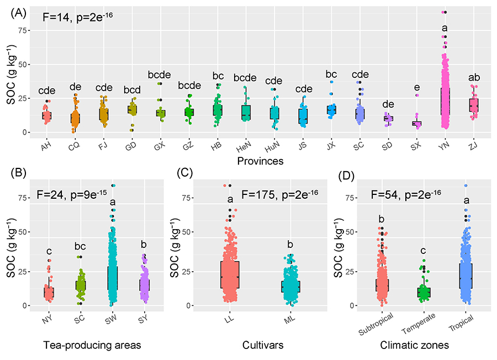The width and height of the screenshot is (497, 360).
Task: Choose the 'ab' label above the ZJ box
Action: coord(473,77)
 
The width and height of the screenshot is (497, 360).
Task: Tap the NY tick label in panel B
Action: coord(49,320)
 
